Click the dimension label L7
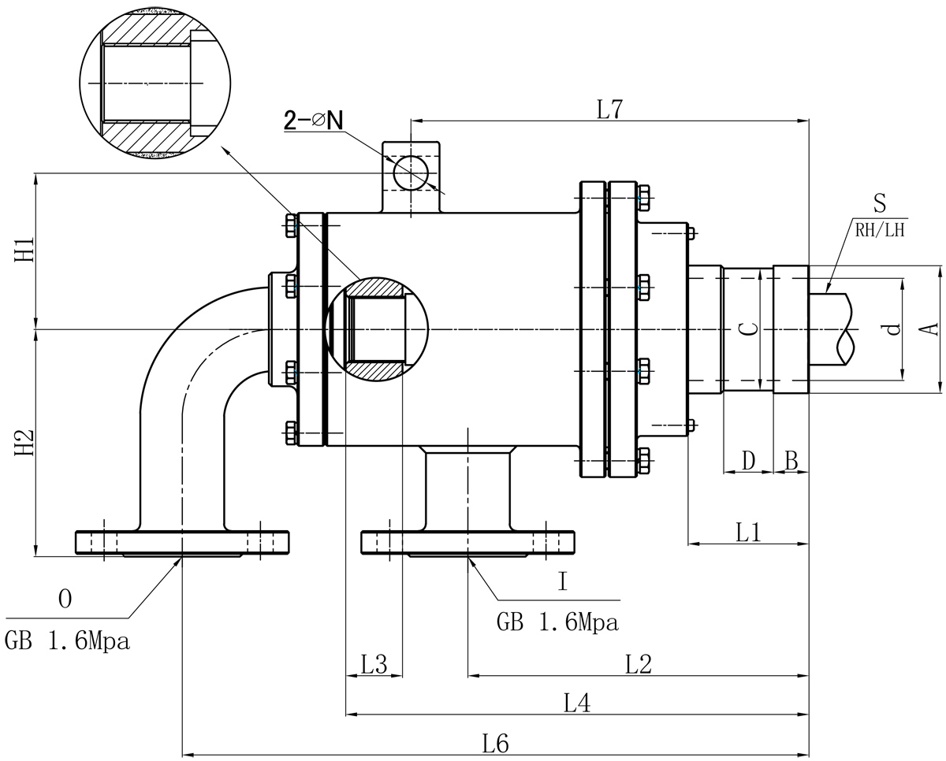click(609, 110)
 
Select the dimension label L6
click(496, 743)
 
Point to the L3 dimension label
click(374, 665)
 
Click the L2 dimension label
click(638, 665)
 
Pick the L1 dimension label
click(747, 533)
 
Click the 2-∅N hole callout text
click(314, 120)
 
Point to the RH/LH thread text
click(879, 231)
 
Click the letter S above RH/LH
click(880, 204)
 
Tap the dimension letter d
click(892, 329)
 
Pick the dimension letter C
click(751, 329)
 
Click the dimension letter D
click(749, 460)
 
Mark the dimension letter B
click(791, 460)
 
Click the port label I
click(562, 582)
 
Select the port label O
click(65, 600)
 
